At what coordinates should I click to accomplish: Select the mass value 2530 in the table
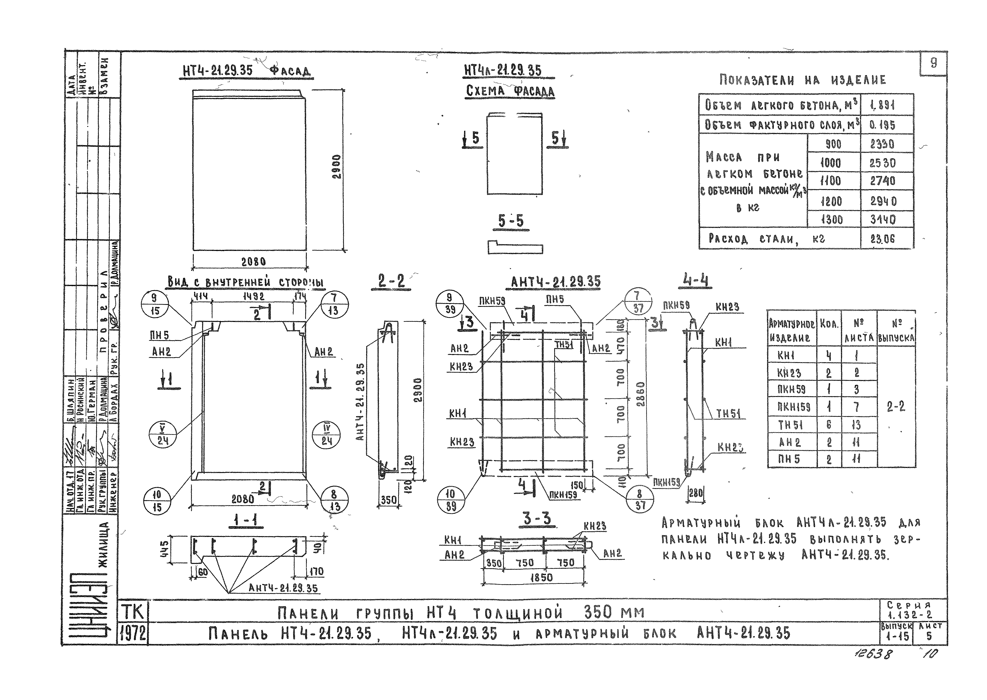(883, 163)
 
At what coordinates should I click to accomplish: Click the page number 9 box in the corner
(934, 63)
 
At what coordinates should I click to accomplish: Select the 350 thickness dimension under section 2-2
(388, 500)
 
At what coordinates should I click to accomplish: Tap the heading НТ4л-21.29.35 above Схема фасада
(503, 70)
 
